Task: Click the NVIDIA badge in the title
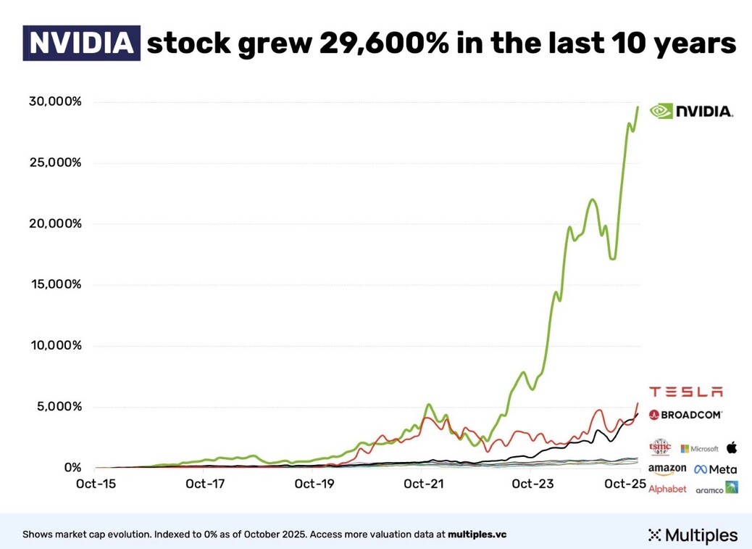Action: pos(81,43)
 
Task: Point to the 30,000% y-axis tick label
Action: pos(55,101)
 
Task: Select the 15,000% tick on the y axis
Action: pos(55,284)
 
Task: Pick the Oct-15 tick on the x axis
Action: pos(96,483)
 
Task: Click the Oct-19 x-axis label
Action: pos(314,483)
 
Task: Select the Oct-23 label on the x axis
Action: pos(531,483)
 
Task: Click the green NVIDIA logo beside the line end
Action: pos(691,111)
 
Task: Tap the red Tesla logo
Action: pos(685,392)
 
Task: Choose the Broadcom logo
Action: pos(685,415)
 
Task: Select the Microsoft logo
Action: pos(700,448)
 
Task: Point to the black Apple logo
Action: pos(731,447)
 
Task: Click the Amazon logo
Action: pos(667,470)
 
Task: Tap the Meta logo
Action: pos(715,469)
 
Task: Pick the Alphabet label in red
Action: pos(667,489)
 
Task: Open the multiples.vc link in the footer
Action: pos(477,534)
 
